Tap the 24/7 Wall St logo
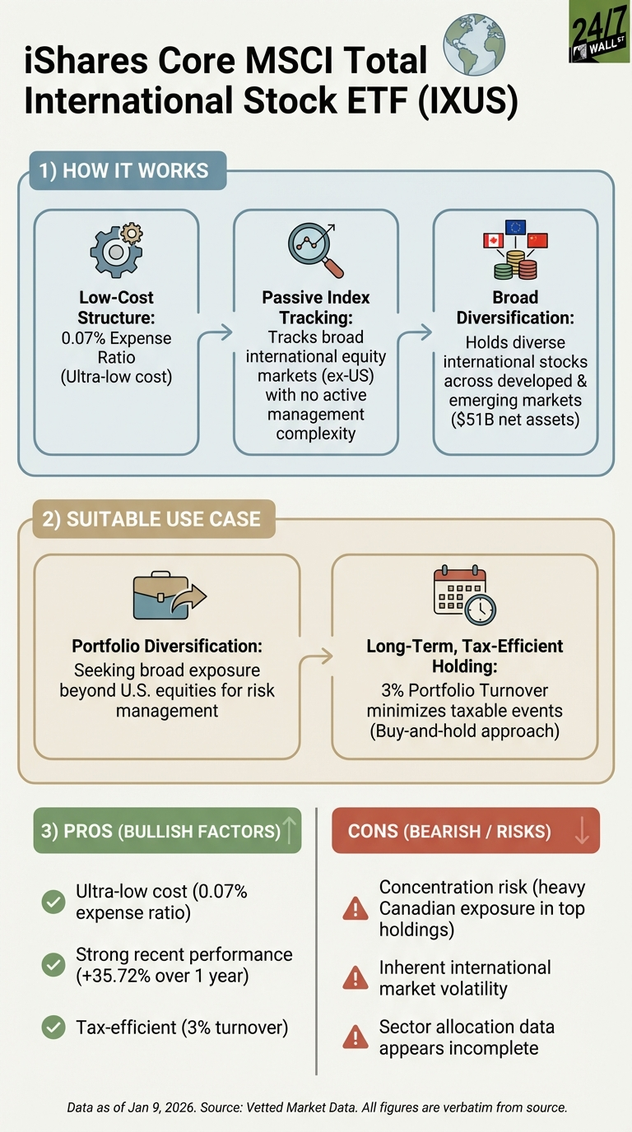600,31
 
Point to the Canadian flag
493,240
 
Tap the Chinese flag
537,240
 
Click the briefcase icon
167,596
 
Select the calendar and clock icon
464,594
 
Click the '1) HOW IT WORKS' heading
124,171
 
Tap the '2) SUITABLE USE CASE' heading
151,519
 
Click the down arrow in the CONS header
582,830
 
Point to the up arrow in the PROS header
289,830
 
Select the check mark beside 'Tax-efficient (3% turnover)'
53,1027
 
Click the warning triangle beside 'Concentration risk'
355,908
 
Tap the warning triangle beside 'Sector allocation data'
355,1037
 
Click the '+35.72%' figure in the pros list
114,977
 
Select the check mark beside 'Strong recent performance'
53,965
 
